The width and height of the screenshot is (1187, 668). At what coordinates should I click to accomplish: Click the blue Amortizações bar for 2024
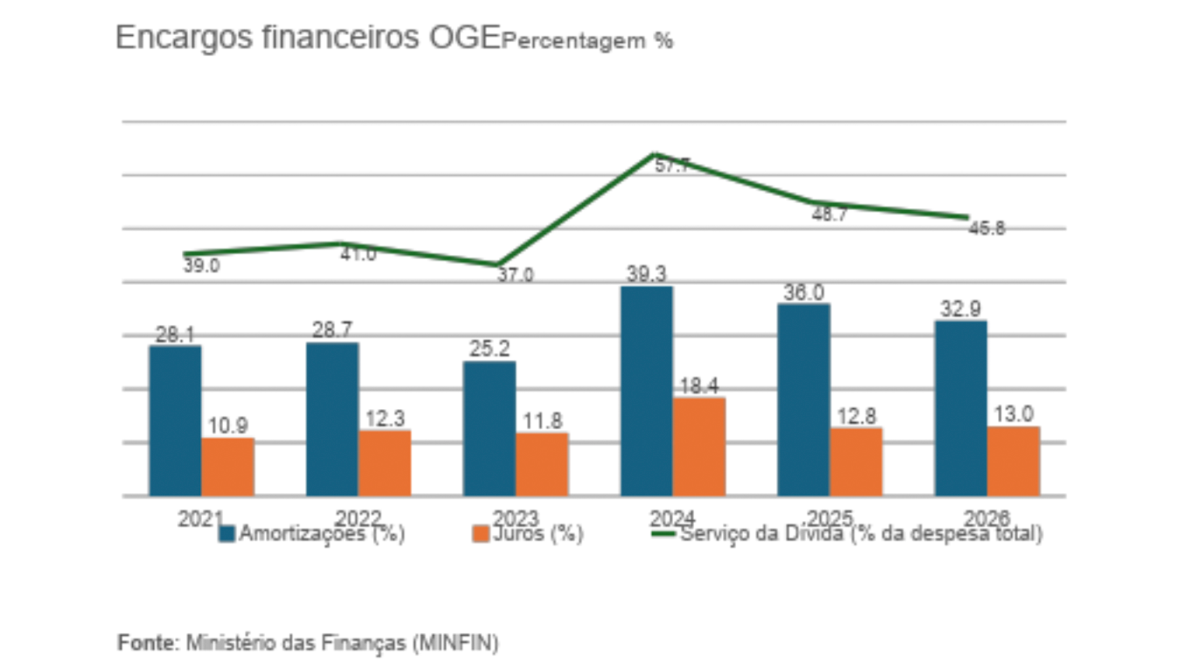point(647,391)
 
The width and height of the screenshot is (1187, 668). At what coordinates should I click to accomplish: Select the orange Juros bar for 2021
point(228,467)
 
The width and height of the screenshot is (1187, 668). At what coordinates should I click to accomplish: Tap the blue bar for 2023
point(489,429)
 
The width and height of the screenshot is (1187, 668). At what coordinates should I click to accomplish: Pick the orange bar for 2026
point(1013,461)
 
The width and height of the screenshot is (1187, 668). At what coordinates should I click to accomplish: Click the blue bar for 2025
point(804,400)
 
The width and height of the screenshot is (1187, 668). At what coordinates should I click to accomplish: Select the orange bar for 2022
point(385,463)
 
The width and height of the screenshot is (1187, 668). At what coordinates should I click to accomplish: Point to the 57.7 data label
point(673,166)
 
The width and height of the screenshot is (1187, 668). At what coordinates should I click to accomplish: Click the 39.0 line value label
point(202,266)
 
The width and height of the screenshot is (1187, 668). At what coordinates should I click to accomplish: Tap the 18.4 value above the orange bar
point(699,386)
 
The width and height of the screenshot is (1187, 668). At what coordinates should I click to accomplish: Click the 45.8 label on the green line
point(987,229)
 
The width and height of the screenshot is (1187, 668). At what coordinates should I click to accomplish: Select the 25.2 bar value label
point(490,349)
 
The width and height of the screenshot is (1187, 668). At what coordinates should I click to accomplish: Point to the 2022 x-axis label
point(358,518)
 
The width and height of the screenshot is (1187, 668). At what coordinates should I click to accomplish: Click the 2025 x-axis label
point(830,518)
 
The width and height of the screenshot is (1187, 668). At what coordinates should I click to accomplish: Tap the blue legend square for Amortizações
point(227,534)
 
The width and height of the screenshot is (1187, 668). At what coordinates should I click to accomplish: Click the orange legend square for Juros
point(480,534)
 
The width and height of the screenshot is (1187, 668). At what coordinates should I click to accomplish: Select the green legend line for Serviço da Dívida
point(663,533)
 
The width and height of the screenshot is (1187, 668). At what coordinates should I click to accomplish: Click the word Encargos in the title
point(184,38)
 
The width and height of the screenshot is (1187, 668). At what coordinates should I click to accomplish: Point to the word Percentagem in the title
point(574,41)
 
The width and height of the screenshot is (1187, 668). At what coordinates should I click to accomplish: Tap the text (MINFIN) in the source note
point(456,643)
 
